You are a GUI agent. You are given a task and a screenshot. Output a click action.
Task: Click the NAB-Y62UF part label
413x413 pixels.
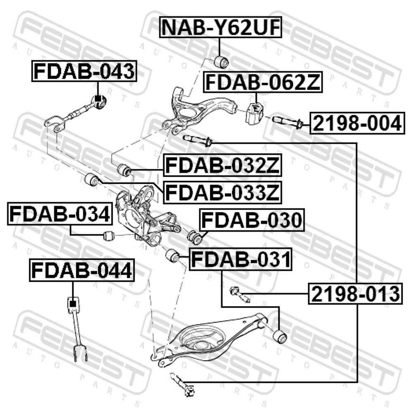click(x=221, y=27)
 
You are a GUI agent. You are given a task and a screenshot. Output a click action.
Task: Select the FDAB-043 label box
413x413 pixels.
click(x=84, y=71)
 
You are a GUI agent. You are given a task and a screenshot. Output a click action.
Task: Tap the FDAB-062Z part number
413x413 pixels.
click(x=263, y=82)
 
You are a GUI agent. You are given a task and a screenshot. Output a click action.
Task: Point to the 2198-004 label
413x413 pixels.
click(x=357, y=123)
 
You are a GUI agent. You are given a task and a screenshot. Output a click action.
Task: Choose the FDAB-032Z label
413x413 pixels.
click(x=223, y=166)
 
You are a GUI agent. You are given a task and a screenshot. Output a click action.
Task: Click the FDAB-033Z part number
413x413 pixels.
click(x=223, y=192)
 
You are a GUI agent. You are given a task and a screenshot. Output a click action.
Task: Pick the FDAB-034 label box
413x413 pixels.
click(x=60, y=214)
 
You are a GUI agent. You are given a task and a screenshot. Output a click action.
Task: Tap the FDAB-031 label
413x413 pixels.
click(x=241, y=259)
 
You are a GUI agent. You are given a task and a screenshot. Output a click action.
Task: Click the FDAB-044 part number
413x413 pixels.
click(x=82, y=270)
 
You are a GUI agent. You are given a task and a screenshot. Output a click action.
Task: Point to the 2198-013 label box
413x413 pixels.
click(x=356, y=294)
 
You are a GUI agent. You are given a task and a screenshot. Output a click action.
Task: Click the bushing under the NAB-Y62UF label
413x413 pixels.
click(x=221, y=62)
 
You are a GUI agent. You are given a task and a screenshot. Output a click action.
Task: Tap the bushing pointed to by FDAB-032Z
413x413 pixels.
click(x=124, y=170)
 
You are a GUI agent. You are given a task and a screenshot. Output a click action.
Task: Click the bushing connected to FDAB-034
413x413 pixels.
click(x=108, y=235)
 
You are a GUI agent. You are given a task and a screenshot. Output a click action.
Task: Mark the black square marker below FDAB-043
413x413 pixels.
click(x=98, y=99)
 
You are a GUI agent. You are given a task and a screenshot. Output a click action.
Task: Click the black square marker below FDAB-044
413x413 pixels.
click(x=73, y=304)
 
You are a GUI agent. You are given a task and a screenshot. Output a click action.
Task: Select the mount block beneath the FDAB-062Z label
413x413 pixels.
click(x=254, y=113)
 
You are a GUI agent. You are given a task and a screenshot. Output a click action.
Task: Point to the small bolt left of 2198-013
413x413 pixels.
click(x=239, y=294)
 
